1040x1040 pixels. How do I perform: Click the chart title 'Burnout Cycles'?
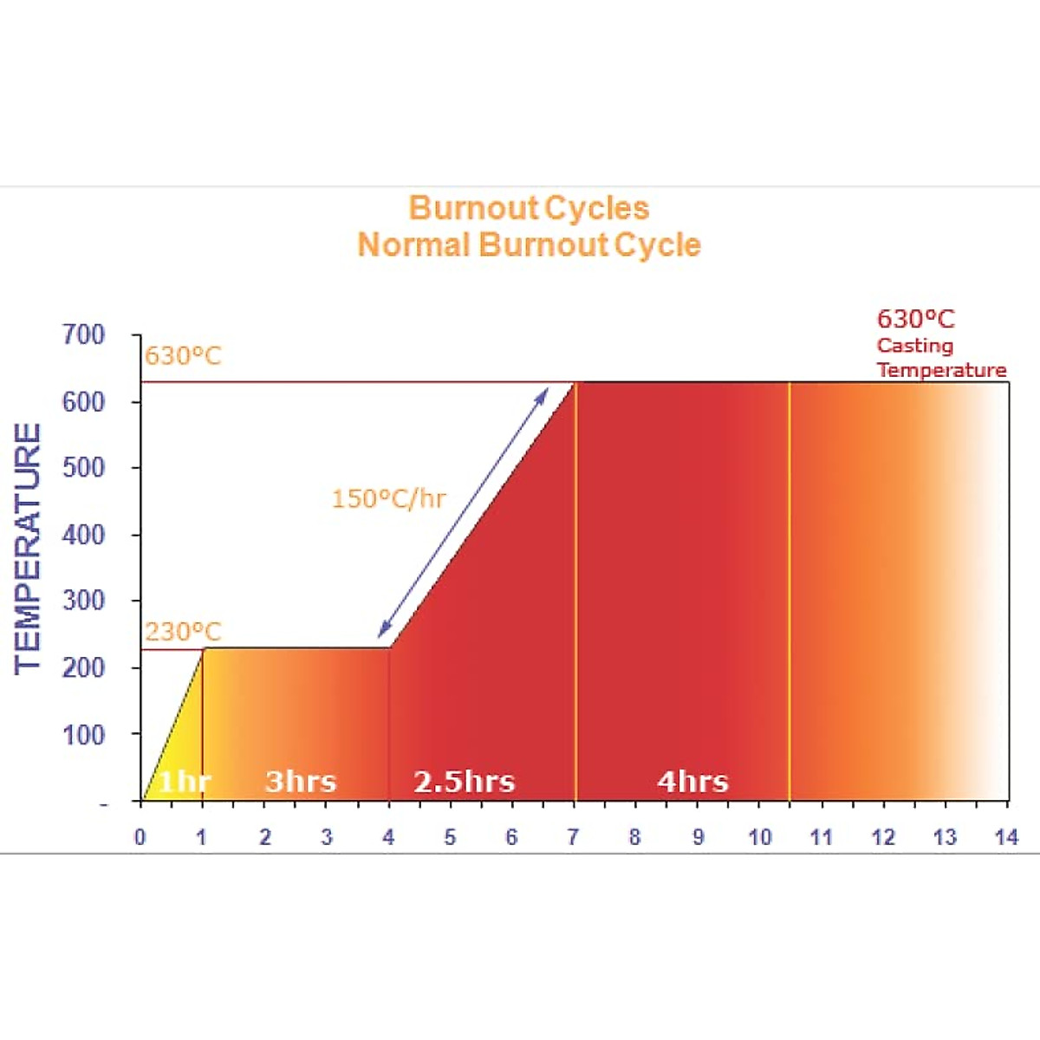click(529, 208)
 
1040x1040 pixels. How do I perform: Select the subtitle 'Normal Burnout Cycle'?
click(529, 245)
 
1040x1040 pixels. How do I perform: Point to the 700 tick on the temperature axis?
click(83, 335)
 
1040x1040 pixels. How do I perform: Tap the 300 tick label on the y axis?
click(83, 601)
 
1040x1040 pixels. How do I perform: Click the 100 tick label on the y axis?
click(83, 735)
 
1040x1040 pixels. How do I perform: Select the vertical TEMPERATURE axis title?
click(29, 548)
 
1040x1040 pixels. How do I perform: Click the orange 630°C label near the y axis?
click(183, 356)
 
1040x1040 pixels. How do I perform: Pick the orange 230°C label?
click(183, 632)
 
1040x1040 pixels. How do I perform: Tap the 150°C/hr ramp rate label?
click(388, 499)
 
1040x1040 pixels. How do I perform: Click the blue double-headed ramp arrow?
click(464, 511)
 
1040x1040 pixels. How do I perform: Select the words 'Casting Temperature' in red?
click(940, 358)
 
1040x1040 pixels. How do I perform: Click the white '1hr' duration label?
click(184, 782)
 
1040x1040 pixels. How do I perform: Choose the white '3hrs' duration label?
click(301, 782)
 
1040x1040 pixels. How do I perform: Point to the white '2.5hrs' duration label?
click(465, 782)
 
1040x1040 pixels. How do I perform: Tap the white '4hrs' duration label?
click(692, 782)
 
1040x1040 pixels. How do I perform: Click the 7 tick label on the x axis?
click(573, 837)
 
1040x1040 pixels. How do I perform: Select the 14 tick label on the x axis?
click(1006, 837)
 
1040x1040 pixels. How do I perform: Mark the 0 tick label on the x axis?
click(140, 837)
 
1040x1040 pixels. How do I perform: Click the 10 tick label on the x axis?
click(759, 837)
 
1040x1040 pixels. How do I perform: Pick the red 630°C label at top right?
click(916, 320)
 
